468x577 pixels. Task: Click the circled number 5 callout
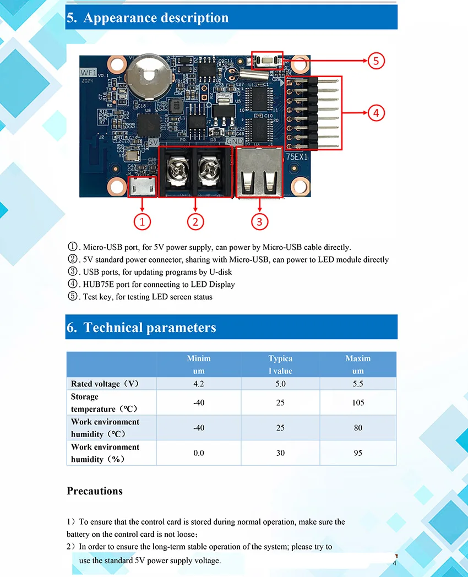[376, 61]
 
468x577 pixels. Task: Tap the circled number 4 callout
[376, 113]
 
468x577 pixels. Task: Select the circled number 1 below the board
[143, 222]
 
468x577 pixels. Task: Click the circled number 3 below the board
[259, 222]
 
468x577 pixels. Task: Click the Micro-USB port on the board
[143, 187]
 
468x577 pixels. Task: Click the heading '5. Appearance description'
[148, 18]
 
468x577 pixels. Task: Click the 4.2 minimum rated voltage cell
[199, 384]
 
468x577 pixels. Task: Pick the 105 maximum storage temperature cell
[358, 402]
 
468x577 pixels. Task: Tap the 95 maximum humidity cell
[358, 453]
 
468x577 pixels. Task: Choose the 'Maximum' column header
[358, 364]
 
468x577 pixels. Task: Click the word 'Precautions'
[95, 491]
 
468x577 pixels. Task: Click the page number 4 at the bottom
[395, 564]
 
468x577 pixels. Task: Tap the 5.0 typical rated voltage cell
[280, 384]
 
